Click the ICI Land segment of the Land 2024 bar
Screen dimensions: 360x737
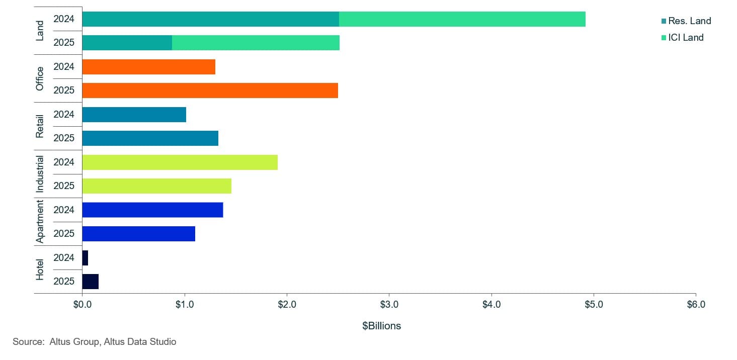tap(462, 19)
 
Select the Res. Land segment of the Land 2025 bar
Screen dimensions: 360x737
tap(127, 43)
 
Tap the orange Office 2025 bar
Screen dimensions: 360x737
tap(210, 91)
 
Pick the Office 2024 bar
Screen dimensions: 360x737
tap(148, 67)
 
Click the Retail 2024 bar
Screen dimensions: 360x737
tap(134, 114)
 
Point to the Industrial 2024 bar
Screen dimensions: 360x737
tap(180, 162)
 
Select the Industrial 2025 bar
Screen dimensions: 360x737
tap(156, 186)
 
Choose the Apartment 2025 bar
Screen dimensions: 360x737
tap(138, 233)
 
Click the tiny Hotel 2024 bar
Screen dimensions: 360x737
tap(85, 257)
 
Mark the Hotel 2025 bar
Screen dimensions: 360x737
tap(90, 281)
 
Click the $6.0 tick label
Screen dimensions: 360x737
tap(695, 304)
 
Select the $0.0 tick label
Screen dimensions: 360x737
tap(82, 304)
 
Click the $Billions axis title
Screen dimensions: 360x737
tap(381, 326)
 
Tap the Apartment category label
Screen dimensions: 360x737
tap(40, 221)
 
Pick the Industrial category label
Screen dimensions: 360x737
tap(40, 174)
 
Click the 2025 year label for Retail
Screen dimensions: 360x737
tap(64, 138)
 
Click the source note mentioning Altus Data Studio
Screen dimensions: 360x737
tap(95, 342)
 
